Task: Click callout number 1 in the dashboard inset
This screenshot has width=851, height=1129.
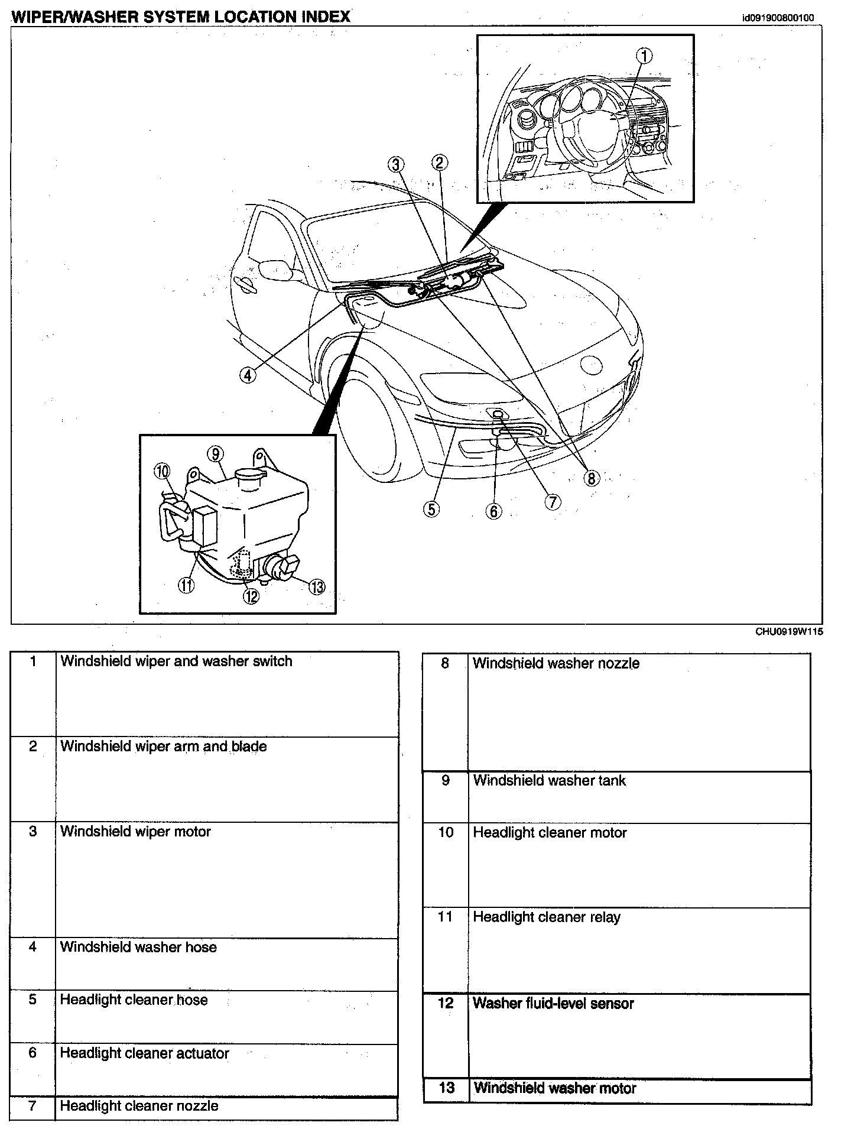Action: pos(644,56)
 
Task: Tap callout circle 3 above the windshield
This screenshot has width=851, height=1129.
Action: pos(397,164)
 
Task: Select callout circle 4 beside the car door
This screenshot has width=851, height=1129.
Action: pos(248,375)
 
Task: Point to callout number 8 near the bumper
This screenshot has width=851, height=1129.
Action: pos(591,477)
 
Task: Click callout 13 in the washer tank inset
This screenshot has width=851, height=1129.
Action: pos(317,586)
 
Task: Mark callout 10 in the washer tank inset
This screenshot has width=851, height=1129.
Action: pos(162,471)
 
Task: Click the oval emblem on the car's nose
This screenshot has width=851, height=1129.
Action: pos(591,365)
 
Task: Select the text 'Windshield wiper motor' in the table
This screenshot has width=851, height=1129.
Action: pos(135,832)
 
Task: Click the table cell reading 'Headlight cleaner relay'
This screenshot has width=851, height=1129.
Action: pos(547,917)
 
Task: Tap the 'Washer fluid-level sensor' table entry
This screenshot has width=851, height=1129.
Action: pos(553,1003)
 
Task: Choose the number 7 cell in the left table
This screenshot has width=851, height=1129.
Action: pos(33,1106)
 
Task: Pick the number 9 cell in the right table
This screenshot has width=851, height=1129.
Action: pos(446,781)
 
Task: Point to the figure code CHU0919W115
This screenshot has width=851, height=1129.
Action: pos(789,631)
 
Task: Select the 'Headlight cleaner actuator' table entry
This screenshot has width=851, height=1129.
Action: pos(144,1053)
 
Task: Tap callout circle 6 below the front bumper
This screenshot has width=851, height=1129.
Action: pos(493,511)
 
